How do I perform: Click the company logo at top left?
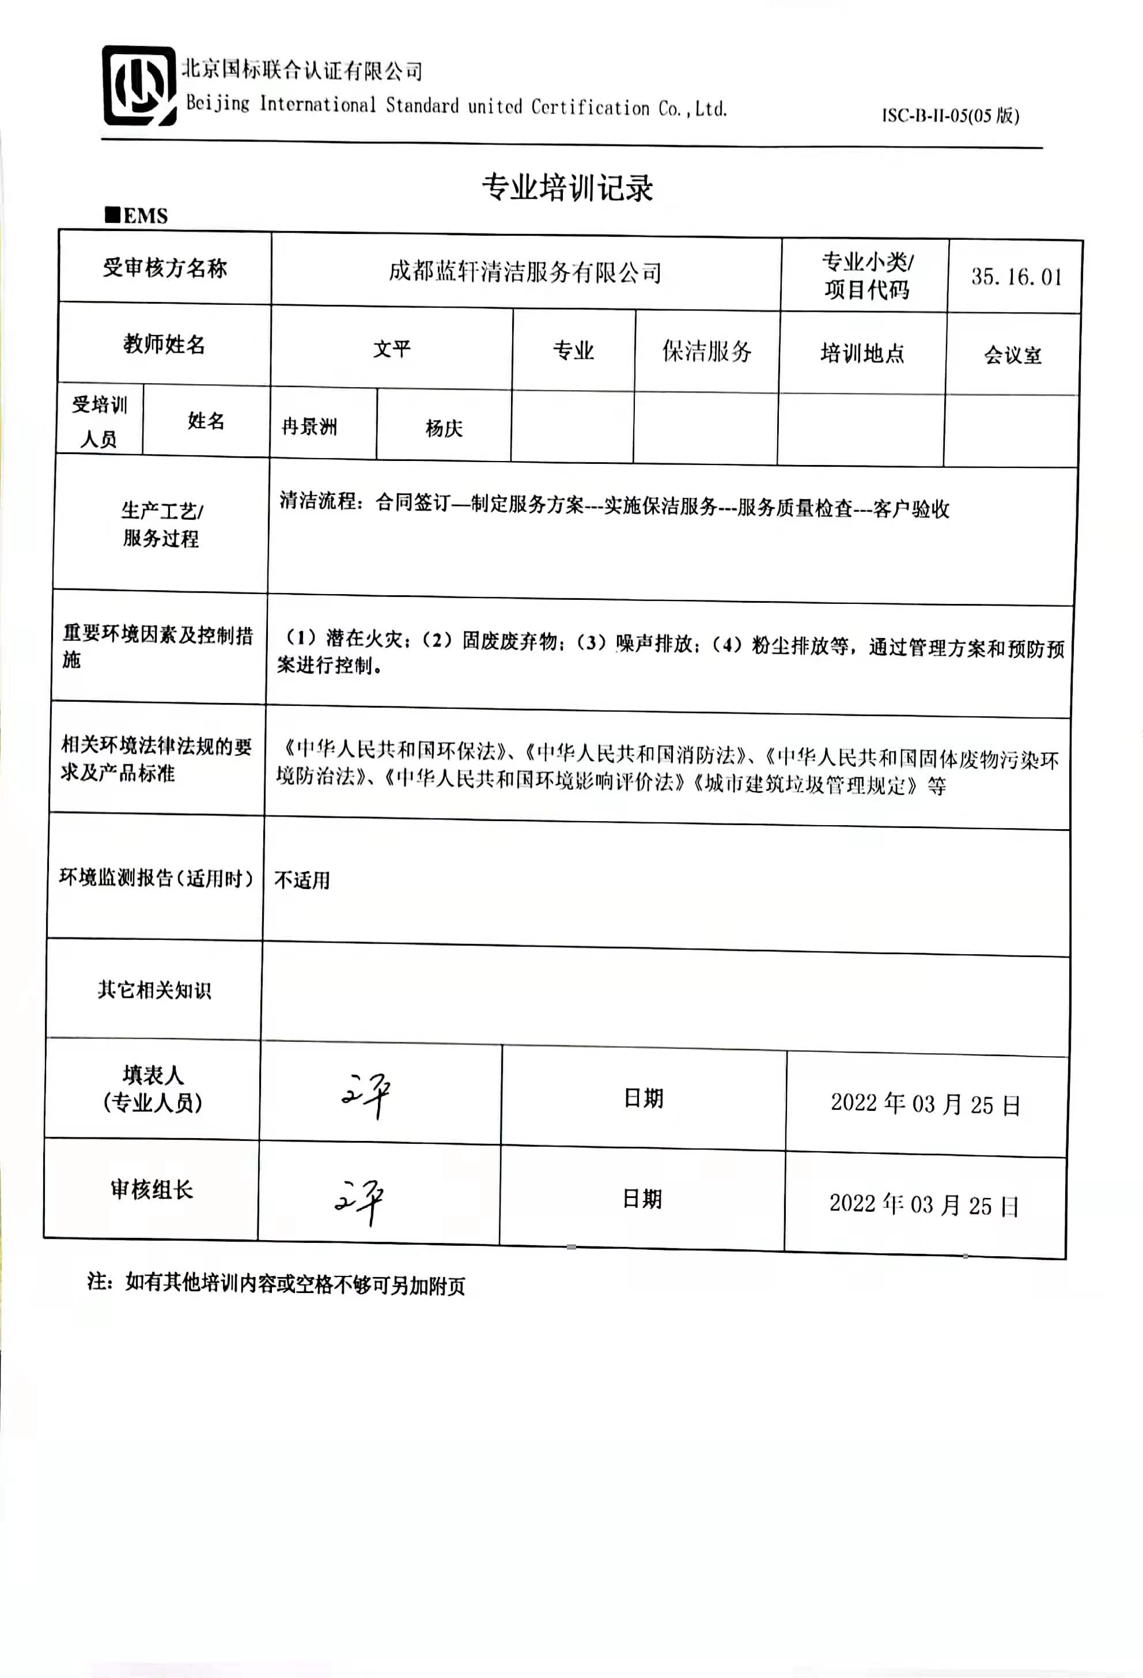[x=139, y=86]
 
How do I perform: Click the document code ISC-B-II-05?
[x=949, y=115]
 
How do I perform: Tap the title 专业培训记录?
[x=567, y=188]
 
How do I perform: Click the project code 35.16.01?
[x=1016, y=277]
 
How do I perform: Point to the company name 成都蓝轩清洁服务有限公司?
[x=525, y=272]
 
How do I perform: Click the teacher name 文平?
[x=391, y=349]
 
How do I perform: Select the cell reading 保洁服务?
[x=707, y=352]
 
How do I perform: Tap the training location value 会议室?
[x=1012, y=355]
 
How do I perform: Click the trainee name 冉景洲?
[x=309, y=427]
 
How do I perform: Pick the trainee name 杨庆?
[x=444, y=428]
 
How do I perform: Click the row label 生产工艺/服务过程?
[x=161, y=524]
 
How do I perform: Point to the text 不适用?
[x=302, y=880]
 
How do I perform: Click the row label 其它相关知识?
[x=154, y=990]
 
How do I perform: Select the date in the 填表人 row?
[x=925, y=1104]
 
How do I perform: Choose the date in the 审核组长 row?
[x=924, y=1204]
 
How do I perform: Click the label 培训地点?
[x=862, y=353]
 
